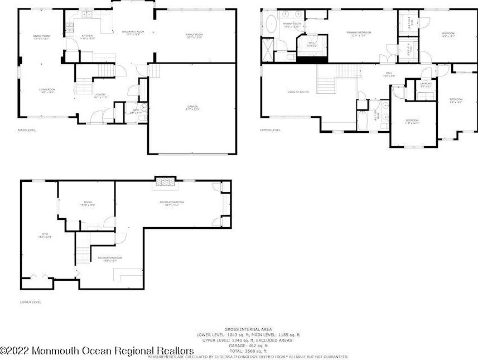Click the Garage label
click(192, 107)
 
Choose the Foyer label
click(100, 95)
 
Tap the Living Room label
click(46, 90)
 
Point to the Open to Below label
click(298, 92)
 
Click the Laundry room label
click(426, 85)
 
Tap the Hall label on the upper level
click(389, 74)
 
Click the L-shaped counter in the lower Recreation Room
click(125, 275)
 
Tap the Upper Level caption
click(270, 130)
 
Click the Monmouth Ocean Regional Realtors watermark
click(97, 351)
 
